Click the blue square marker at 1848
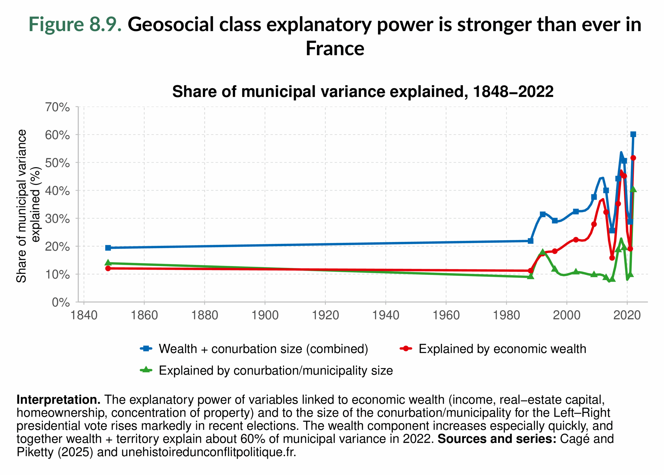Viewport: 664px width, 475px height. coord(108,248)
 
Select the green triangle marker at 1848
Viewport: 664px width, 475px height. coord(108,263)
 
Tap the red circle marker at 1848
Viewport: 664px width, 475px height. coord(108,268)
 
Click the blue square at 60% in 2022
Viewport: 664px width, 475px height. coord(633,134)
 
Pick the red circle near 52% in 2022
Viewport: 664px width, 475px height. coord(633,158)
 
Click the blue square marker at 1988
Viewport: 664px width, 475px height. coord(530,241)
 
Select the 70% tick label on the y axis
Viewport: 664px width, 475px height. coord(57,107)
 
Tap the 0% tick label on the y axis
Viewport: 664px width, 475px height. coord(61,302)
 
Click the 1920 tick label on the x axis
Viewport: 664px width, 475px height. coord(325,315)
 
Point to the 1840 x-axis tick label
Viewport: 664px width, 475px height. coord(84,315)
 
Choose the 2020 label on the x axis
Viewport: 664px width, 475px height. coord(627,315)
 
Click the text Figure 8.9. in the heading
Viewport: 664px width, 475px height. coord(75,24)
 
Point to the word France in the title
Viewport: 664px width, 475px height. coord(335,48)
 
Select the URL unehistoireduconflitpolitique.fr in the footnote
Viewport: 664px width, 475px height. coord(209,452)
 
